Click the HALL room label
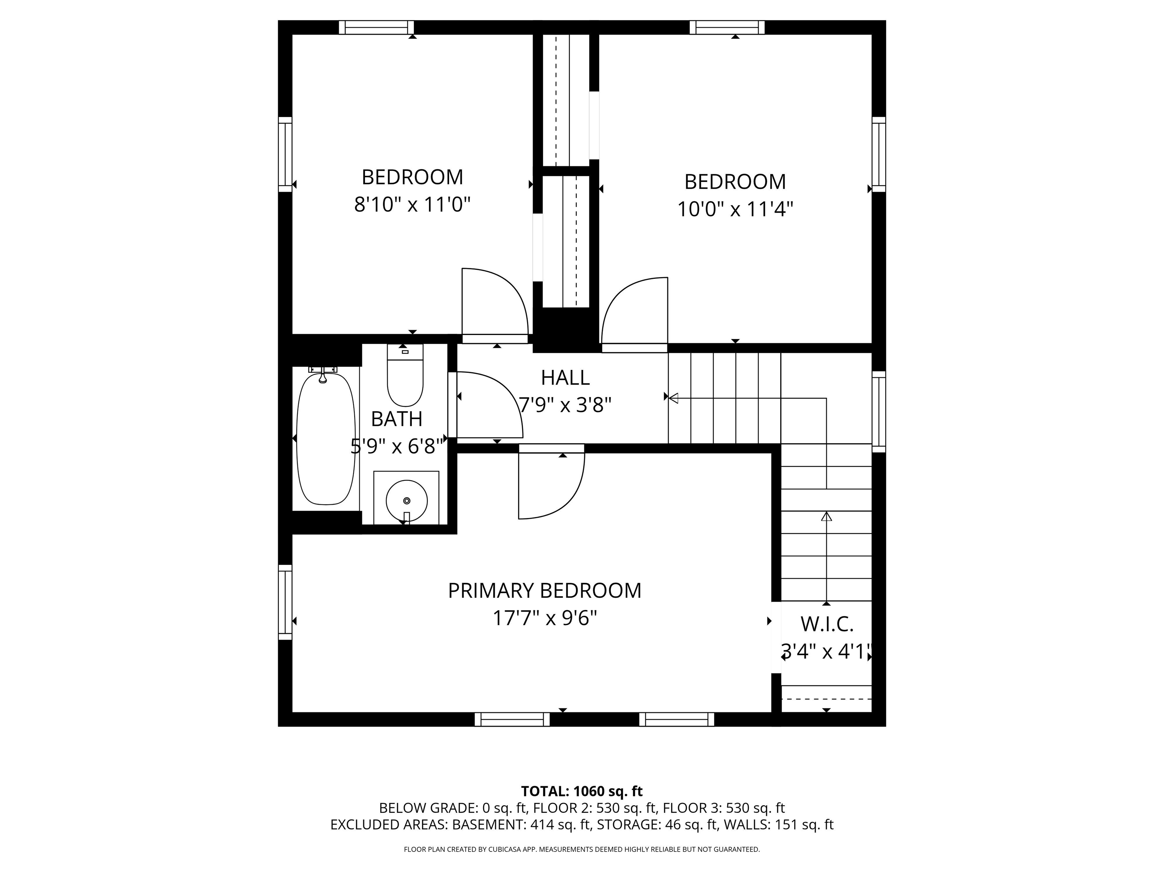[x=565, y=377]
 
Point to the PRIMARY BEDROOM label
[x=544, y=590]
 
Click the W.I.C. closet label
[x=827, y=624]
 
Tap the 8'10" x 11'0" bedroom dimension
[x=412, y=204]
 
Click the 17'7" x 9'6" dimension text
[x=544, y=618]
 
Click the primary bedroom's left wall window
[x=285, y=602]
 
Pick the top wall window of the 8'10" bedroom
[x=376, y=27]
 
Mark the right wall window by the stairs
[x=879, y=411]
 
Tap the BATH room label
[x=397, y=419]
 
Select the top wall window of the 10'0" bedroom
[x=727, y=27]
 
